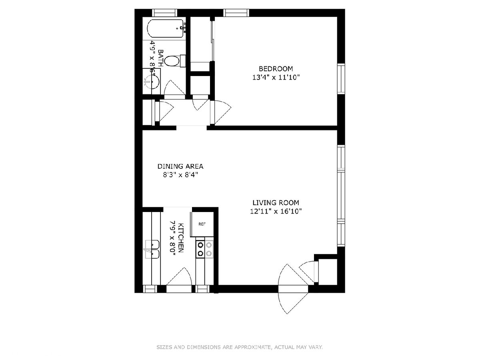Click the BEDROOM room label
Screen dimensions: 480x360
[x=276, y=69]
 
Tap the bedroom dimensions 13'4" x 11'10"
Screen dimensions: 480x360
[x=276, y=78]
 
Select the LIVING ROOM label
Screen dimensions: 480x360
[x=276, y=203]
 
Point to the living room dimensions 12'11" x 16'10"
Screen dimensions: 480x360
[x=276, y=212]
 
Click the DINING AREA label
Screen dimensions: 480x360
[x=180, y=166]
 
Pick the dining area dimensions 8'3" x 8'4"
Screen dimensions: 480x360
[x=180, y=175]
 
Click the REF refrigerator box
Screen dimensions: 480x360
[x=202, y=224]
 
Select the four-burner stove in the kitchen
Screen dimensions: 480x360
[x=204, y=249]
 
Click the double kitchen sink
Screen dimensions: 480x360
[x=152, y=249]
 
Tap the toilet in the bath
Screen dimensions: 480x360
[x=175, y=61]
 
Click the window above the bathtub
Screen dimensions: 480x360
[x=165, y=13]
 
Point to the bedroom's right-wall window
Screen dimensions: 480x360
[x=341, y=79]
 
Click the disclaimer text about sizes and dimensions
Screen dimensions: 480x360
[x=240, y=347]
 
